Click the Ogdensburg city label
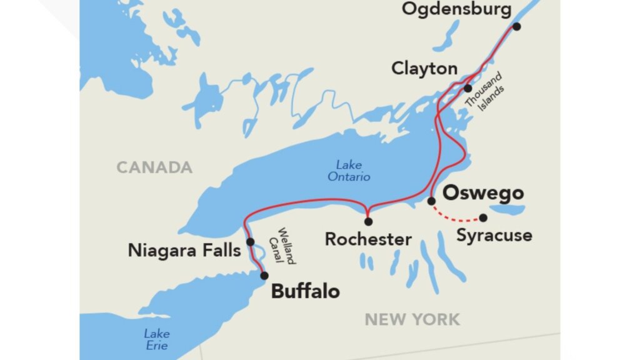[x=456, y=9]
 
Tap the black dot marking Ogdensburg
[x=516, y=26]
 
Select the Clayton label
[x=424, y=69]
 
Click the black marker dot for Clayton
[x=467, y=88]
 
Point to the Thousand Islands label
[x=485, y=97]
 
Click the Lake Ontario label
[x=349, y=171]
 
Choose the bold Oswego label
[x=482, y=192]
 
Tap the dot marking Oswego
[x=431, y=201]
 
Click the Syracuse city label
[x=494, y=236]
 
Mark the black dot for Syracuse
[x=483, y=218]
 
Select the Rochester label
[x=368, y=239]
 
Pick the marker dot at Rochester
[x=368, y=221]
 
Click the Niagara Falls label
[x=184, y=251]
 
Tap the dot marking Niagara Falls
[x=250, y=242]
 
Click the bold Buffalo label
[x=306, y=291]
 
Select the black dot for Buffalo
[x=264, y=276]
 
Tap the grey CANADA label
[x=154, y=167]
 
